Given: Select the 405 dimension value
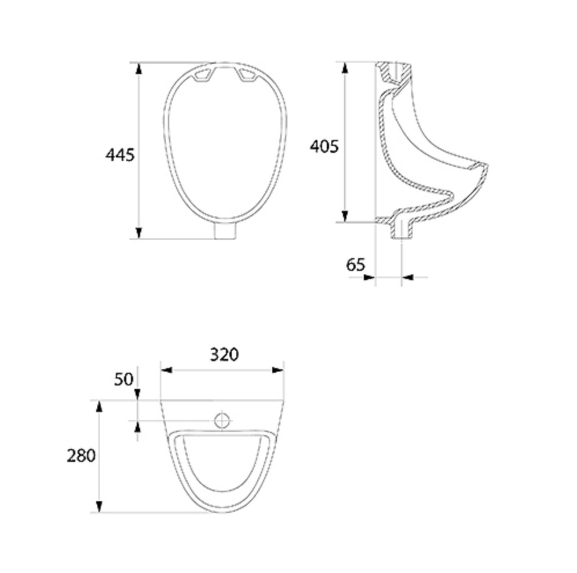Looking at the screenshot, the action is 324,146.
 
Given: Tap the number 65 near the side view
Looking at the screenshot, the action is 356,265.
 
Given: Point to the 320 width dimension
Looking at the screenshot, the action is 224,355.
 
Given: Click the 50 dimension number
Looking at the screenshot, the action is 123,379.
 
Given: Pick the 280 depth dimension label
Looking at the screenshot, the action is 81,456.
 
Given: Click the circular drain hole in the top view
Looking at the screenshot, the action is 222,420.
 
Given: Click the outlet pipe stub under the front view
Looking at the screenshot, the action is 225,231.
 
